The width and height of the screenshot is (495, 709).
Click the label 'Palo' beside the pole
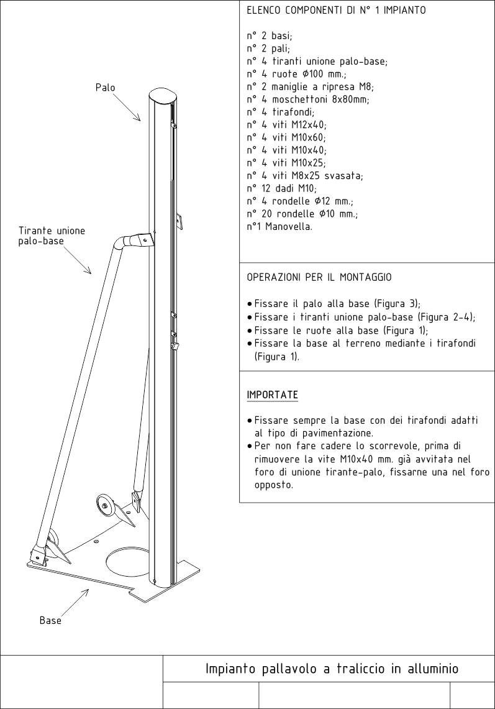click(x=106, y=88)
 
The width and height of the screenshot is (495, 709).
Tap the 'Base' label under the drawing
click(x=50, y=620)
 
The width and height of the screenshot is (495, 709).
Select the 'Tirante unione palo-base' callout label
click(x=52, y=236)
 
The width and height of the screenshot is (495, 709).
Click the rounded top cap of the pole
click(x=161, y=97)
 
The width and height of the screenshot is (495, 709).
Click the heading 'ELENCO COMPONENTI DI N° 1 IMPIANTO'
click(x=336, y=10)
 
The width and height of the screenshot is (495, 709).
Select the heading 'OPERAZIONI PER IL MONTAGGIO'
click(x=319, y=277)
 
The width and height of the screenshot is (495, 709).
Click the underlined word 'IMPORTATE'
click(x=272, y=395)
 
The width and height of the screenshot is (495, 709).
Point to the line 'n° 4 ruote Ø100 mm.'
click(x=296, y=74)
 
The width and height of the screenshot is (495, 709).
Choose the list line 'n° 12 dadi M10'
click(x=281, y=188)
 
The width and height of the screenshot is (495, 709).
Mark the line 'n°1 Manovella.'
click(x=279, y=226)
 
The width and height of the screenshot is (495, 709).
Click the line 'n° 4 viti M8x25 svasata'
click(x=305, y=175)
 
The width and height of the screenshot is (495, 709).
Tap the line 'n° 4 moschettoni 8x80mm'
click(x=308, y=99)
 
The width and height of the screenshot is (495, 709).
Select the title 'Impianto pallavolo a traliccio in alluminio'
click(x=332, y=669)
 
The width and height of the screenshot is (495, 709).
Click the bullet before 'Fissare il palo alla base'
click(x=250, y=304)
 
